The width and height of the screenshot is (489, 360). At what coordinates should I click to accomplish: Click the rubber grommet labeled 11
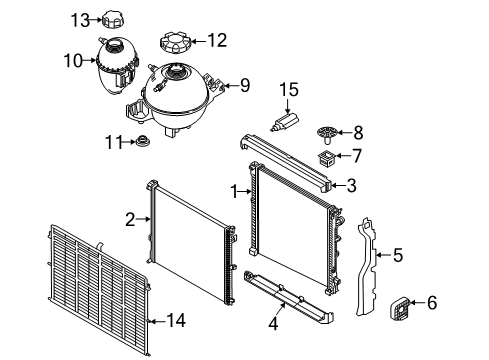[x=143, y=141]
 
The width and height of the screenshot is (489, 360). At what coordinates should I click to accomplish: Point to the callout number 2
[x=130, y=217]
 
